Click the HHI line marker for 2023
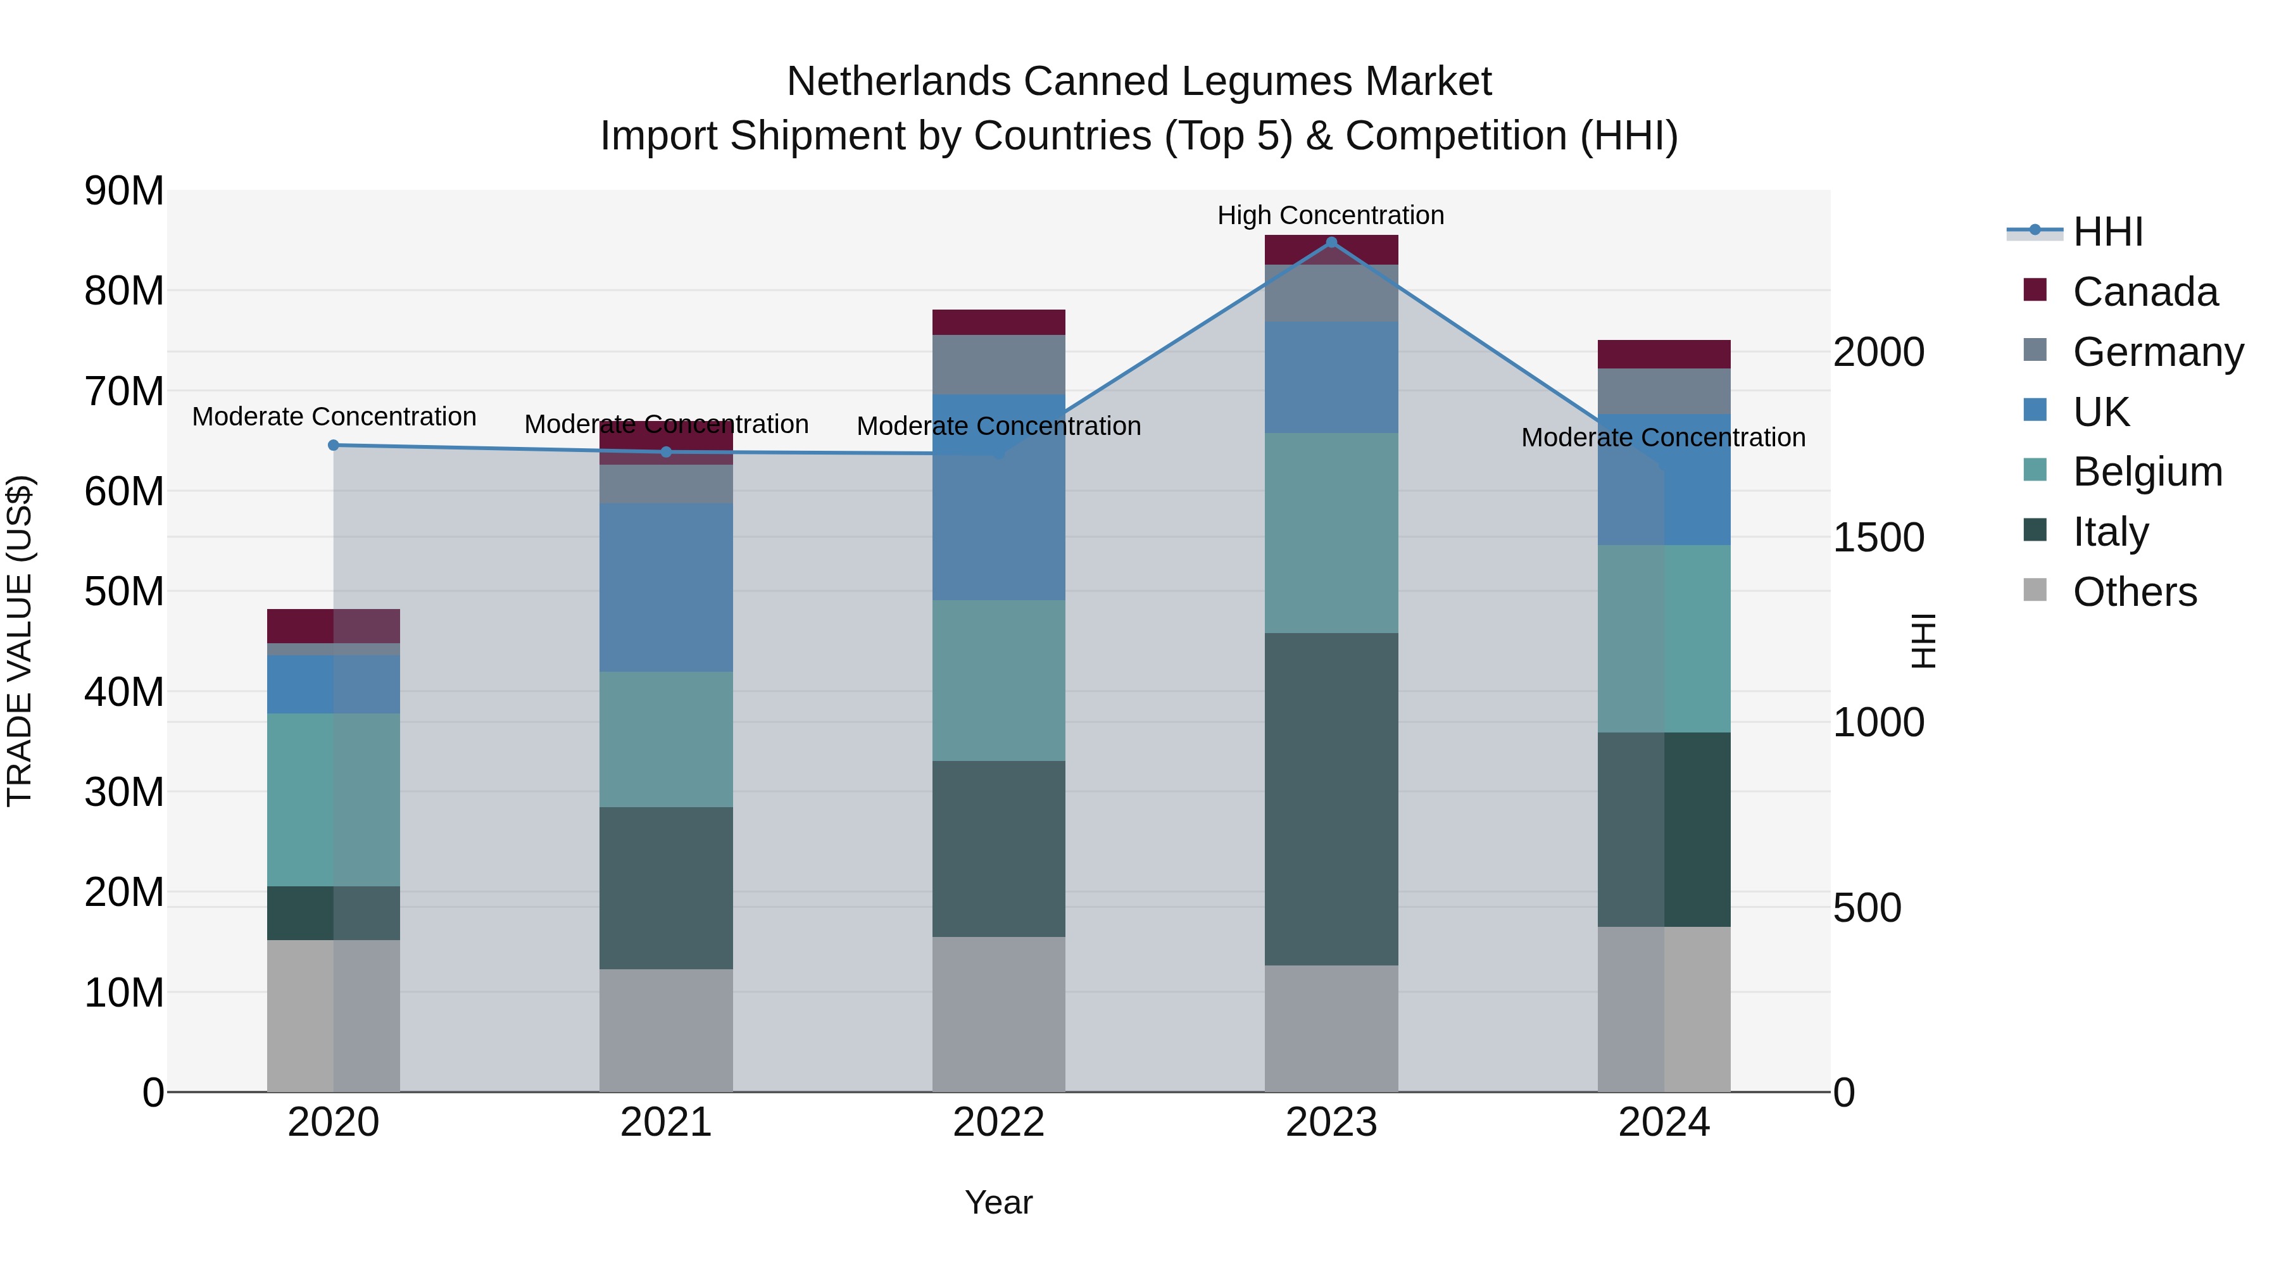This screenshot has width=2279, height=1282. [x=1331, y=242]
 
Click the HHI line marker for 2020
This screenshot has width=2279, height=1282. [x=334, y=445]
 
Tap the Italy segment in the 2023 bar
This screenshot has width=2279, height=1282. [x=1331, y=798]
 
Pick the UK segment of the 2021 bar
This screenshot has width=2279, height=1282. [x=665, y=587]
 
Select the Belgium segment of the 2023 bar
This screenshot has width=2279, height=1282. [x=1331, y=532]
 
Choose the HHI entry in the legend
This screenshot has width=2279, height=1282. [x=2107, y=232]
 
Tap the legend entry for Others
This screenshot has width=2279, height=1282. [x=2134, y=592]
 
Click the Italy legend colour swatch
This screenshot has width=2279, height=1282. [x=2035, y=530]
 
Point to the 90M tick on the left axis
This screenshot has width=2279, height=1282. [x=124, y=191]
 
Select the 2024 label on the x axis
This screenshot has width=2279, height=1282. [x=1663, y=1122]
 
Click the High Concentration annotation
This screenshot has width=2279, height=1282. [x=1331, y=215]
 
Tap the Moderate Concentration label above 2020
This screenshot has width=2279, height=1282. [x=334, y=417]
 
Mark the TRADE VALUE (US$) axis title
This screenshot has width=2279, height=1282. [x=20, y=641]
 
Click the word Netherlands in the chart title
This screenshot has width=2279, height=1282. [x=899, y=82]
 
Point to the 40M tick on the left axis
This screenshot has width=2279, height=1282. [x=124, y=692]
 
